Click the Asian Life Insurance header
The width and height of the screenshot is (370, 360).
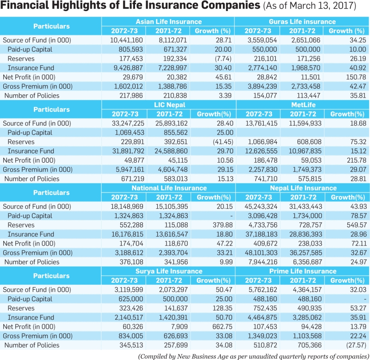pos(168,22)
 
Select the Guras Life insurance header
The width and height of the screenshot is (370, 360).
pos(302,22)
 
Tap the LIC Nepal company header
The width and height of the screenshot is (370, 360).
pos(170,105)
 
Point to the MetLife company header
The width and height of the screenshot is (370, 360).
pos(303,105)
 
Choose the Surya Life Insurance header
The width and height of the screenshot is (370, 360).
pos(169,271)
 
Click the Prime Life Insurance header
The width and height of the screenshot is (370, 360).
pos(303,271)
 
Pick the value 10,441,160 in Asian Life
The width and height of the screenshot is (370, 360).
pos(126,40)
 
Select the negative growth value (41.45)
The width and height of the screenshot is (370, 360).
pos(223,142)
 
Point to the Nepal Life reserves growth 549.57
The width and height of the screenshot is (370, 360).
pos(357,225)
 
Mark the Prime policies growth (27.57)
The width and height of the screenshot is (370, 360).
pos(356,345)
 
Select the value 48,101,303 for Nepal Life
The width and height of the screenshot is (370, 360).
pos(261,253)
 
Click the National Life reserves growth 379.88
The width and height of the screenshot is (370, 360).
pos(222,225)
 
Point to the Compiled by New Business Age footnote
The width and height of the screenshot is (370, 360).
pos(254,356)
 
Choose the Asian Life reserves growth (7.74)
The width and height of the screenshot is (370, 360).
pos(223,59)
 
